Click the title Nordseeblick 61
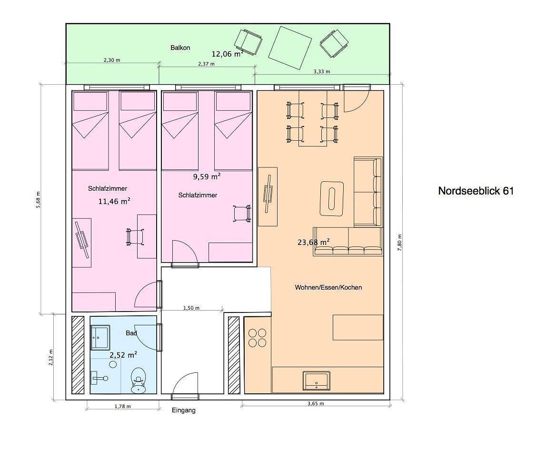pyautogui.click(x=476, y=191)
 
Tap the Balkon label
pyautogui.click(x=180, y=48)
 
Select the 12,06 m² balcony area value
pyautogui.click(x=228, y=54)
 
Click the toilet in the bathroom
pyautogui.click(x=139, y=381)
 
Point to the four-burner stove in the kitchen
pyautogui.click(x=258, y=338)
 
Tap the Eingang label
pyautogui.click(x=184, y=410)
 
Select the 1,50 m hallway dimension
pyautogui.click(x=191, y=308)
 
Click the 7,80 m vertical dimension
pyautogui.click(x=399, y=243)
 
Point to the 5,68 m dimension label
pyautogui.click(x=38, y=199)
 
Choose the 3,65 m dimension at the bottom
pyautogui.click(x=316, y=404)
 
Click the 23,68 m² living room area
pyautogui.click(x=313, y=242)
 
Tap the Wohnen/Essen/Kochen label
pyautogui.click(x=328, y=287)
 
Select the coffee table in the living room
pyautogui.click(x=332, y=198)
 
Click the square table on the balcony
pyautogui.click(x=290, y=48)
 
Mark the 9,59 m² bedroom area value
pyautogui.click(x=207, y=176)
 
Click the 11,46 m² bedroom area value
pyautogui.click(x=115, y=201)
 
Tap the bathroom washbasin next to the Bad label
pyautogui.click(x=100, y=337)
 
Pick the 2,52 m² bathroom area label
pyautogui.click(x=123, y=355)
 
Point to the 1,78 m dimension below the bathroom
pyautogui.click(x=122, y=406)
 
